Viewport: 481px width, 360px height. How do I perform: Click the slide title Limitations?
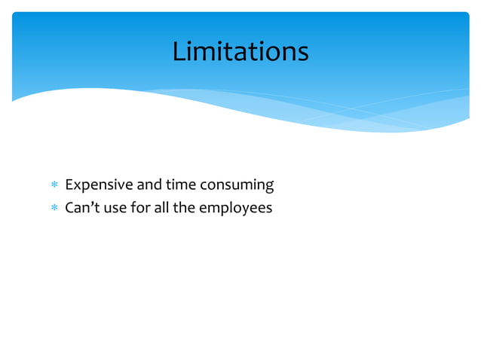[x=240, y=51]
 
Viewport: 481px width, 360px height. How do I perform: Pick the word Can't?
[x=81, y=207]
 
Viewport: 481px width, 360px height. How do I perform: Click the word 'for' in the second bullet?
[x=141, y=207]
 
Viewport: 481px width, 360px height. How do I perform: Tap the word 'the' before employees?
[x=185, y=207]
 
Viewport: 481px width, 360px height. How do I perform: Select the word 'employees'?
[x=235, y=209]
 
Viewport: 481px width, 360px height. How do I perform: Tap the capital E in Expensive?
[x=69, y=185]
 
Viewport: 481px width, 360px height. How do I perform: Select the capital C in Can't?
[x=70, y=207]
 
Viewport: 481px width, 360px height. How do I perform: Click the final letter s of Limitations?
[x=302, y=53]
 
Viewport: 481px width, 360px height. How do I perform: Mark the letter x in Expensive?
[x=77, y=186]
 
